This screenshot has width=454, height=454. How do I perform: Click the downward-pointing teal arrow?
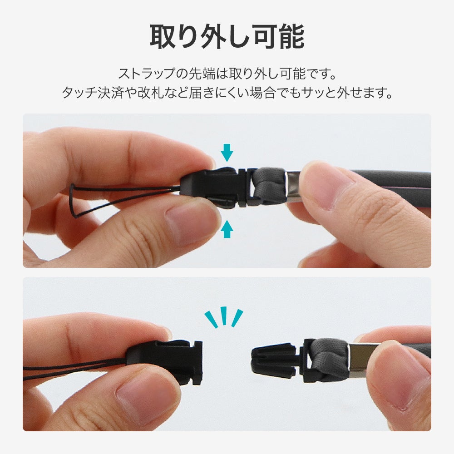[x=227, y=153]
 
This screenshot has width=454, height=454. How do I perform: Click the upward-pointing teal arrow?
[x=227, y=229]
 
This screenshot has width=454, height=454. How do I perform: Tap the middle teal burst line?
[x=223, y=316]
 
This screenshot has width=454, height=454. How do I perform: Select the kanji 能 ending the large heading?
[x=292, y=36]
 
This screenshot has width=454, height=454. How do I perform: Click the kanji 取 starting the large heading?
[x=163, y=36]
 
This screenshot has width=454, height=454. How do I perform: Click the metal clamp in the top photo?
[x=293, y=187]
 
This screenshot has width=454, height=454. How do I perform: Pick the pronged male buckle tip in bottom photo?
[x=274, y=361]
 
